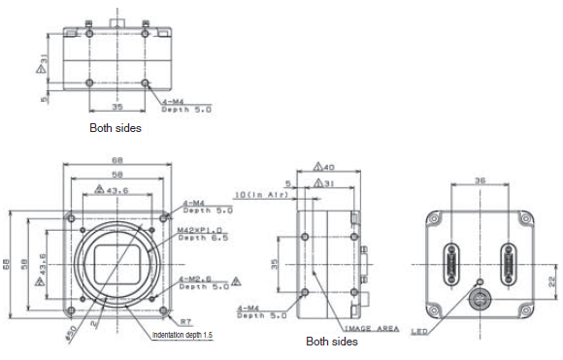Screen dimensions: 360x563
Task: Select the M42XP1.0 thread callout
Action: (200, 230)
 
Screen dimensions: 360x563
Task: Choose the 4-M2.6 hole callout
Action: (198, 278)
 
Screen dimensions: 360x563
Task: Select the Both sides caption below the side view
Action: (332, 342)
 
